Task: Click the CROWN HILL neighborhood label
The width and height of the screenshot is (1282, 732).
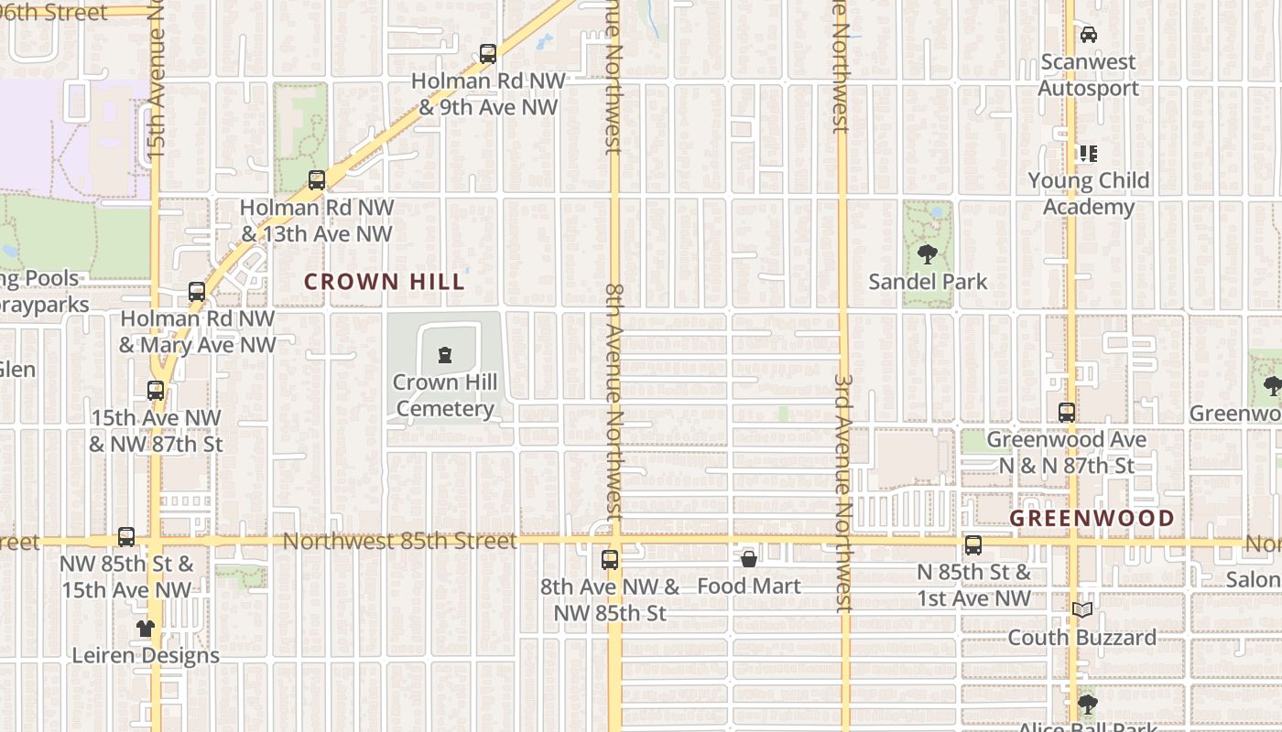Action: point(385,282)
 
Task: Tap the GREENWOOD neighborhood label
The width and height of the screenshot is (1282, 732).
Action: point(1092,519)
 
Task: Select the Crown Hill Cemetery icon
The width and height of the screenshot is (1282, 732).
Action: point(445,355)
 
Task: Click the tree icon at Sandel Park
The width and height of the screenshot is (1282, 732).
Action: point(928,254)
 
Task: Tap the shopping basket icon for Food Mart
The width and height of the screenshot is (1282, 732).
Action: point(748,558)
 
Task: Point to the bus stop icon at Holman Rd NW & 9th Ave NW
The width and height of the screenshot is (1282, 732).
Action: point(488,54)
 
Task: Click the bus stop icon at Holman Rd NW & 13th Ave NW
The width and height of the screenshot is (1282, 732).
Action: point(317,180)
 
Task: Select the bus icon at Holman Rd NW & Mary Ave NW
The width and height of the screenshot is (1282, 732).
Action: point(197,292)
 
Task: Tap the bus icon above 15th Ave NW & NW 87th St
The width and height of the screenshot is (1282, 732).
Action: point(156,391)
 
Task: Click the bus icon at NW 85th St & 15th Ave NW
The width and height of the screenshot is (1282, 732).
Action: point(126,537)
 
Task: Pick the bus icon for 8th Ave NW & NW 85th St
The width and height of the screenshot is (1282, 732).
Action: point(610,559)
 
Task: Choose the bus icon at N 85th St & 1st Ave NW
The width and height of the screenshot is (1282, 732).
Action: point(973,546)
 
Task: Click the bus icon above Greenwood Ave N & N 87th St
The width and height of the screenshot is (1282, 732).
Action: point(1067,413)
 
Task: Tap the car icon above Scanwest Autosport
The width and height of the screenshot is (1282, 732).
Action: point(1088,35)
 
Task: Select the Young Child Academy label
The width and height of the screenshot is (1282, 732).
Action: point(1088,193)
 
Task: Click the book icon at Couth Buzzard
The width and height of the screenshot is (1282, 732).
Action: point(1082,609)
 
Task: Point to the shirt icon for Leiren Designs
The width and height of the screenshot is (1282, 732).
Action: point(146,629)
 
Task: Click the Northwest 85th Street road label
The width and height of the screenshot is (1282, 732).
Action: point(399,541)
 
